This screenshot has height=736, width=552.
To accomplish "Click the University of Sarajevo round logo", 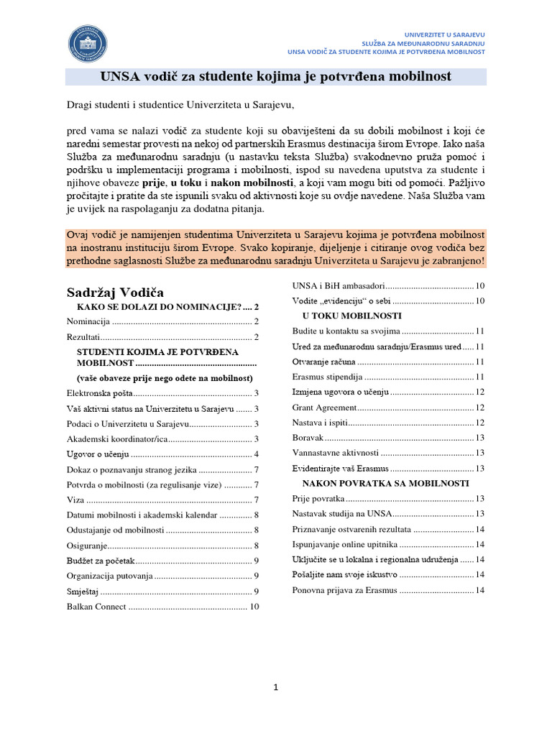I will pyautogui.click(x=88, y=43).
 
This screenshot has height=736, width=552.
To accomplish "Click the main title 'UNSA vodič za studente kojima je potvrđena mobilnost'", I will pyautogui.click(x=276, y=77).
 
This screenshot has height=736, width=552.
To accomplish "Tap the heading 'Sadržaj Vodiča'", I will pyautogui.click(x=115, y=292).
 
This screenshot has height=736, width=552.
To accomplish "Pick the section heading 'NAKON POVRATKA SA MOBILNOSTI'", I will pyautogui.click(x=385, y=483).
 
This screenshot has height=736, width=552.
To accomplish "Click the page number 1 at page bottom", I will pyautogui.click(x=275, y=688).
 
